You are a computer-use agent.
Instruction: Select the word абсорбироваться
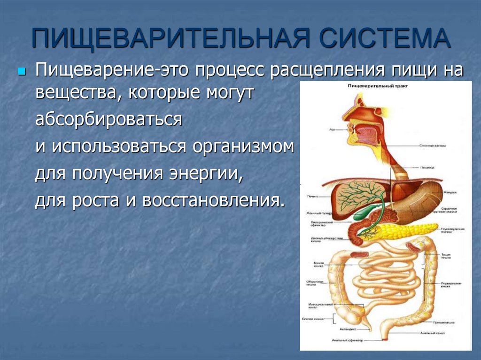click(x=109, y=119)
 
